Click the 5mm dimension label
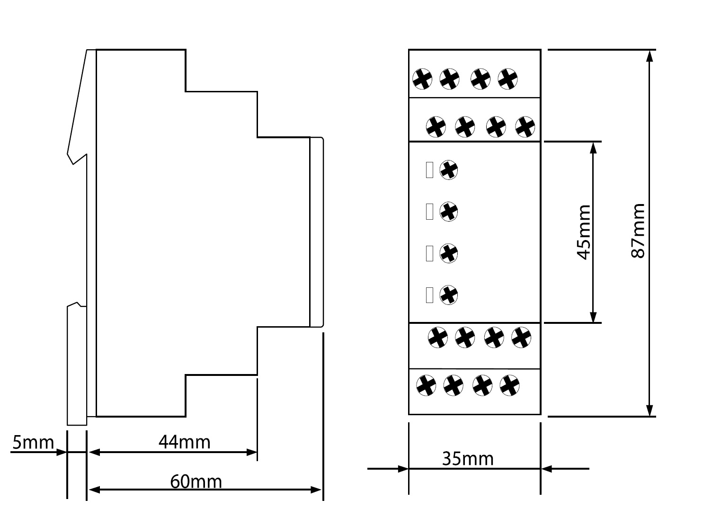point(33,443)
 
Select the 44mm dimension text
point(185,442)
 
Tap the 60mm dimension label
point(196,482)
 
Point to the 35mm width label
point(468,459)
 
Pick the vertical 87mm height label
point(638,231)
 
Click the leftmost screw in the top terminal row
point(422,79)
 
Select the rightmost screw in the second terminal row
point(525,127)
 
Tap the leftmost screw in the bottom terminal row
point(426,385)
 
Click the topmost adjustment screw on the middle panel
point(448,169)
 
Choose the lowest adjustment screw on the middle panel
point(448,295)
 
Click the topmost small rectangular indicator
point(429,170)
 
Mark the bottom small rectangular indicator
point(429,295)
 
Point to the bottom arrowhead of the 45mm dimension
point(593,317)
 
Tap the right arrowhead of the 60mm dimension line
point(316,490)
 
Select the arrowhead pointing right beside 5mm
point(61,452)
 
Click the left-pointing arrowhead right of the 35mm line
point(546,469)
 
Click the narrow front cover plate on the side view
point(317,232)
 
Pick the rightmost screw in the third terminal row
point(521,338)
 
